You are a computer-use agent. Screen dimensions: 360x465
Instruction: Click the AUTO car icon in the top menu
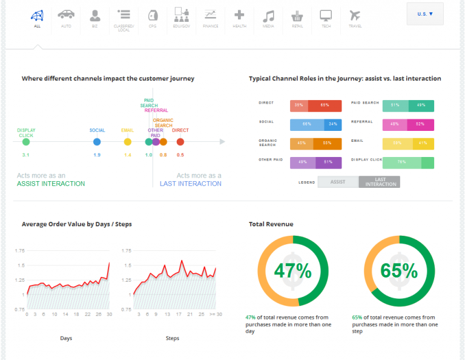click(66, 15)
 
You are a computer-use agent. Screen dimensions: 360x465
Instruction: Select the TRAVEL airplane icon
click(355, 15)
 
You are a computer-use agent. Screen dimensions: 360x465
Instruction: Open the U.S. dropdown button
click(425, 13)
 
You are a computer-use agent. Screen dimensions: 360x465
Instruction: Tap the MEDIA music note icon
click(268, 15)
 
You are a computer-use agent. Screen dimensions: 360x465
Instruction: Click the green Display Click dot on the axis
click(25, 142)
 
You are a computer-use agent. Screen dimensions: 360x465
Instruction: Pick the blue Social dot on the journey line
click(97, 142)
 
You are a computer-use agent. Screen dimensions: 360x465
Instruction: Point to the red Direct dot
click(180, 142)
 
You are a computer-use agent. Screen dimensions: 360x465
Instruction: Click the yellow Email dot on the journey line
click(127, 142)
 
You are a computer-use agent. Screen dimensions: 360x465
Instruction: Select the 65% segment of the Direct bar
click(325, 105)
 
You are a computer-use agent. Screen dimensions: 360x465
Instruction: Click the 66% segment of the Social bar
click(307, 125)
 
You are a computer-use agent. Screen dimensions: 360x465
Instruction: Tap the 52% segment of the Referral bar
click(420, 125)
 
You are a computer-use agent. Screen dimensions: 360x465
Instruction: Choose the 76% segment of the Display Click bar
click(401, 162)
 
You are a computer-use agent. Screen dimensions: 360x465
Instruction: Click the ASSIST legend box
click(338, 182)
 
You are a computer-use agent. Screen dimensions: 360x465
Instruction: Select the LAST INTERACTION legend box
click(380, 182)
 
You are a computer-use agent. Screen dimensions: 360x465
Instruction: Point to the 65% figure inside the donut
click(399, 271)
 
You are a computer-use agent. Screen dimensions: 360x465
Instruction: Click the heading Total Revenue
click(271, 224)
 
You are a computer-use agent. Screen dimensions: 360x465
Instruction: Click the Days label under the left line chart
click(66, 338)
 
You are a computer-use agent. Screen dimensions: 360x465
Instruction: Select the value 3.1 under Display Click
click(25, 155)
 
